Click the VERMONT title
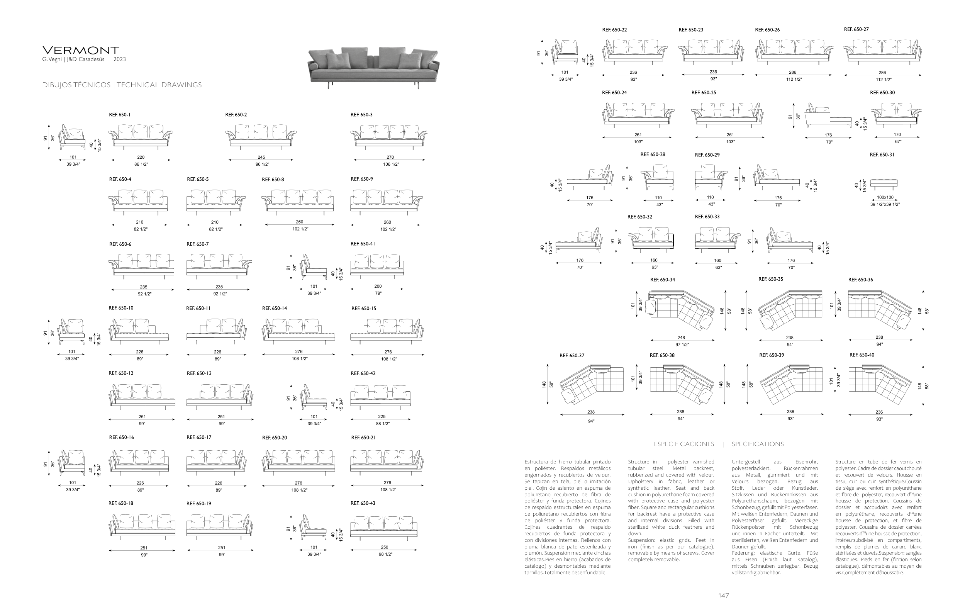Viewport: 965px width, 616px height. coord(81,51)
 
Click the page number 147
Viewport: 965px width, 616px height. coord(723,596)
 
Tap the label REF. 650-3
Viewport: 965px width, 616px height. coord(361,115)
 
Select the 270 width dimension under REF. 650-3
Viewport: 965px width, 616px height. coord(390,157)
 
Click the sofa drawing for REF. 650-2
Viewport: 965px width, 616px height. coord(261,136)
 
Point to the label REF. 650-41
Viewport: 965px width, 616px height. coord(363,244)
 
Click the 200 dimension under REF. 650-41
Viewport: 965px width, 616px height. coord(378,286)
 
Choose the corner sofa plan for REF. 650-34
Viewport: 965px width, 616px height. coord(681,310)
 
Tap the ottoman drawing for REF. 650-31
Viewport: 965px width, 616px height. coord(884,183)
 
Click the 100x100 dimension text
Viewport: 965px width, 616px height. coord(885,197)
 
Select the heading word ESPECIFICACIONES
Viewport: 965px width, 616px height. coord(683,444)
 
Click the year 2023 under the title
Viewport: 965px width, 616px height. coord(119,59)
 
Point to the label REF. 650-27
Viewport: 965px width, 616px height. coord(856,29)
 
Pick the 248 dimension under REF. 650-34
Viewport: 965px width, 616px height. coord(681,338)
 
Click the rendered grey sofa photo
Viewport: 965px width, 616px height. coord(373,66)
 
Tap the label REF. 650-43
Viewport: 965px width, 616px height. coord(363,503)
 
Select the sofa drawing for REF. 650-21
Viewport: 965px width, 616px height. coord(387,461)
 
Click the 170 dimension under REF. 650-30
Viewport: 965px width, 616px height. coord(897,135)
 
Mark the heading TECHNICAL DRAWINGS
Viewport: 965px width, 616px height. coord(159,85)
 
